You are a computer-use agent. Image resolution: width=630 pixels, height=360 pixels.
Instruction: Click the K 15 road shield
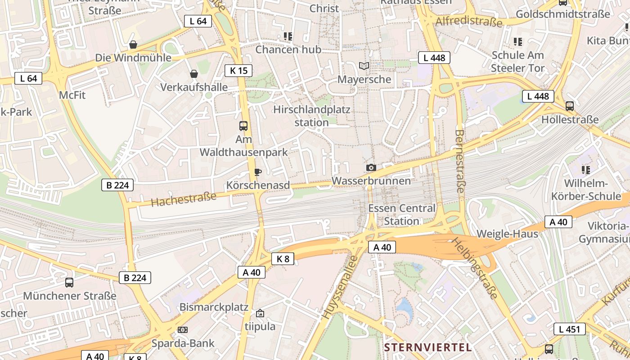(x=238, y=70)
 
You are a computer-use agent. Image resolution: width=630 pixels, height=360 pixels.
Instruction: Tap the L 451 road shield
(x=570, y=329)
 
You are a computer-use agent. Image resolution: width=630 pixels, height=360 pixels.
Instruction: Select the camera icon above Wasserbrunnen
(x=371, y=168)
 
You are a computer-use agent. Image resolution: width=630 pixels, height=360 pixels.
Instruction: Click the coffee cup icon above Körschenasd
(x=258, y=172)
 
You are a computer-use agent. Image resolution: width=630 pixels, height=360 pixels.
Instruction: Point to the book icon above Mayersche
(x=364, y=66)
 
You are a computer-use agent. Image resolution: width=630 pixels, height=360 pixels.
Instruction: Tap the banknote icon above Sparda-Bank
(x=183, y=330)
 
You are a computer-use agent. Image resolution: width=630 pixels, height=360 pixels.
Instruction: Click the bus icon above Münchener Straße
(x=69, y=283)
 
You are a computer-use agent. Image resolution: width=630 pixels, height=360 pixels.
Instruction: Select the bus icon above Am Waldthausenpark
(x=243, y=126)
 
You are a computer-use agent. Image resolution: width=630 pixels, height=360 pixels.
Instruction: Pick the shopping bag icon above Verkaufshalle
(x=194, y=74)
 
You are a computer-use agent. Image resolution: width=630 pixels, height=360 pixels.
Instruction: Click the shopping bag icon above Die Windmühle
(x=133, y=45)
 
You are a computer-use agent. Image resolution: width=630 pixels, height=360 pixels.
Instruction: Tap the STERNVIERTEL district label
(x=428, y=347)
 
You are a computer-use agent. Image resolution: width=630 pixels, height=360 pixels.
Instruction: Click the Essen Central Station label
(x=402, y=215)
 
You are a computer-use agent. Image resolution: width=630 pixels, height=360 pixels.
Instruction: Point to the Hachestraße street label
(x=184, y=199)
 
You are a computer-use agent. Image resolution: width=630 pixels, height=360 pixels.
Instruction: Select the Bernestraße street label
(x=459, y=161)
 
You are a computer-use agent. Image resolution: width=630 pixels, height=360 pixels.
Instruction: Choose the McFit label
(x=72, y=95)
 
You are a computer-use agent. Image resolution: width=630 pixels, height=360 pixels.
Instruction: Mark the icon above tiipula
(x=260, y=313)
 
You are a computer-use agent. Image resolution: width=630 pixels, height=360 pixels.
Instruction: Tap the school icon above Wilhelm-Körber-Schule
(x=585, y=170)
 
